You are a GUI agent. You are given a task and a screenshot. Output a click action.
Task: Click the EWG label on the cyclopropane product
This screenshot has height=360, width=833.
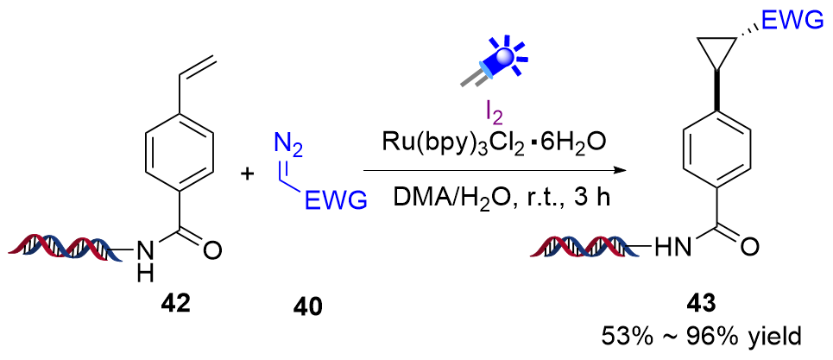click(787, 23)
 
